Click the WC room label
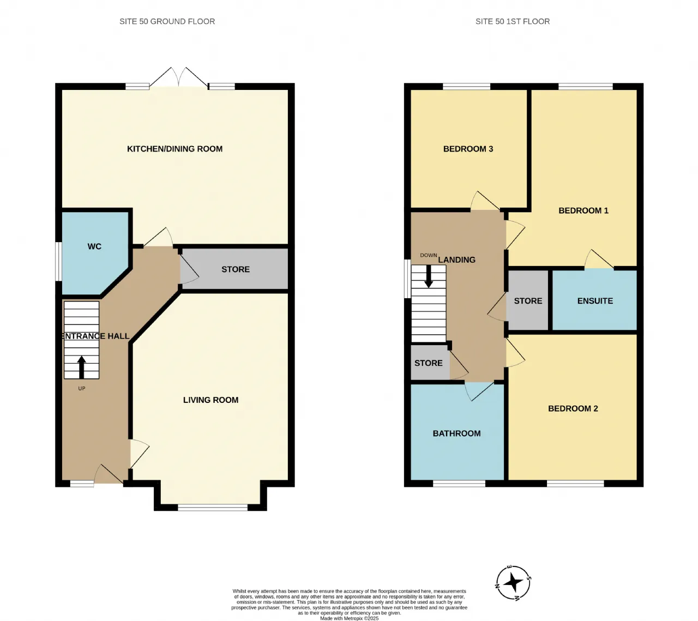pos(94,246)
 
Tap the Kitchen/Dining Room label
pos(174,149)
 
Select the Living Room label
pos(210,400)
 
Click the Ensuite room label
pos(595,300)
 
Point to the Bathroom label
pos(456,433)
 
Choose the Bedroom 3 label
pos(468,149)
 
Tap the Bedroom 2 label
pos(573,408)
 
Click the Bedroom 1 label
pos(583,210)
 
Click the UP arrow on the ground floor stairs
pos(81,367)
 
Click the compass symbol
pos(513,583)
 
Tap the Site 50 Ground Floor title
pos(167,21)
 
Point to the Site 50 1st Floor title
pos(512,21)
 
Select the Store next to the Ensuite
pos(527,300)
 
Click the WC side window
pos(59,261)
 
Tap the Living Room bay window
pos(213,508)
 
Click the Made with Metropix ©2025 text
pos(349,618)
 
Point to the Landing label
pos(456,260)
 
